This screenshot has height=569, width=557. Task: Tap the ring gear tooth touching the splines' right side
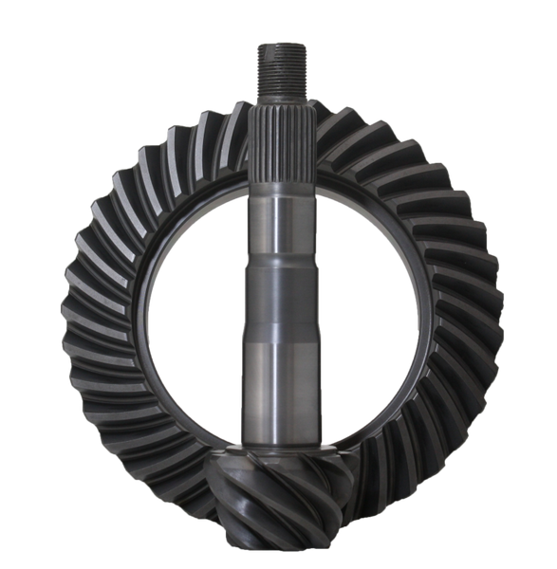pyautogui.click(x=327, y=128)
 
